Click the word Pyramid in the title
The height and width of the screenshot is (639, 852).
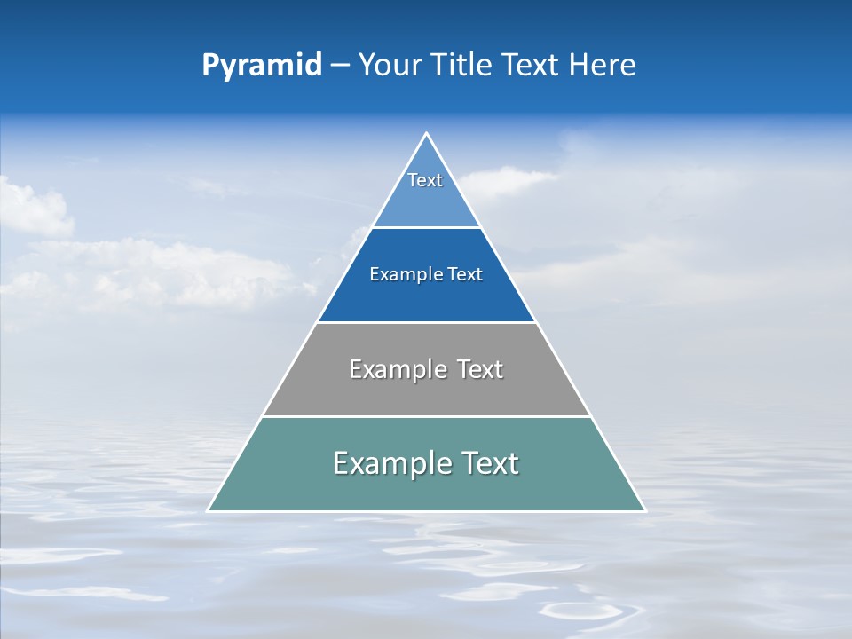[x=261, y=66]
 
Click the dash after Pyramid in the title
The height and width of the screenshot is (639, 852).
[x=340, y=66]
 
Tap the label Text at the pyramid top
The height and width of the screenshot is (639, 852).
[x=425, y=180]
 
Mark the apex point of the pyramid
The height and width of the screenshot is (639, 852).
[x=426, y=134]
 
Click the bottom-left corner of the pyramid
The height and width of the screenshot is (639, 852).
[x=209, y=510]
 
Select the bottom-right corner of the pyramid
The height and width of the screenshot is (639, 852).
[x=644, y=510]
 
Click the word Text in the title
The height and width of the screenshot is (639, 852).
[x=531, y=66]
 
